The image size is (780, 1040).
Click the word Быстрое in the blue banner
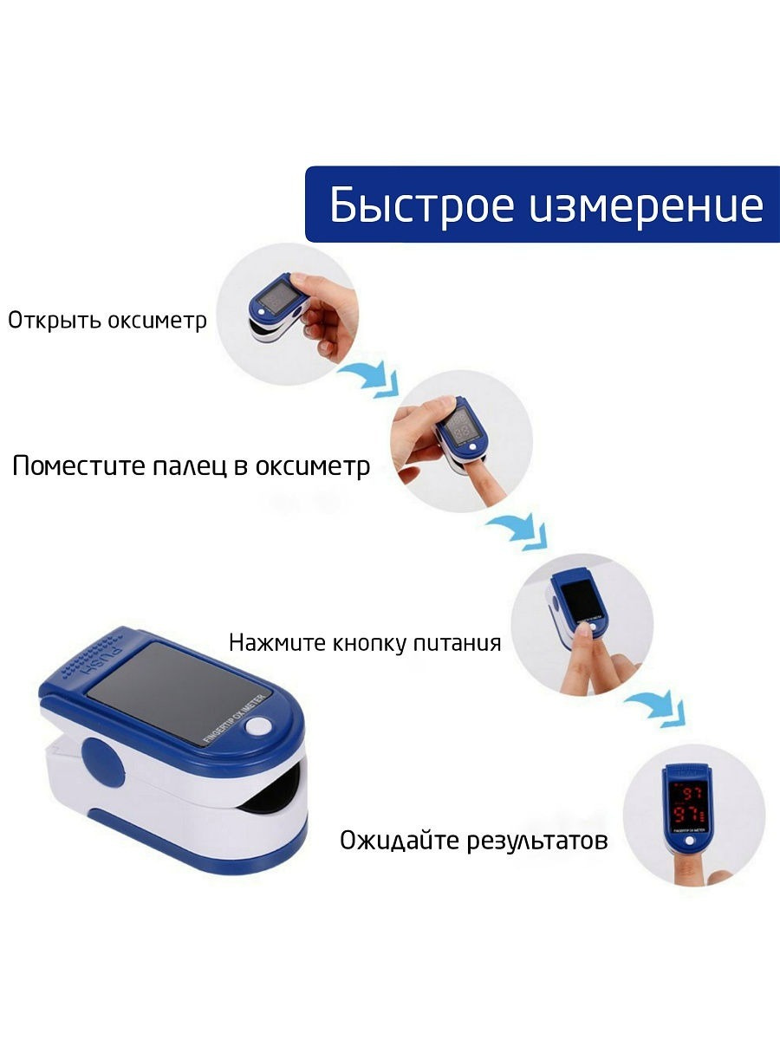click(x=421, y=205)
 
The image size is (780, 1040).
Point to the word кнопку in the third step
click(x=363, y=643)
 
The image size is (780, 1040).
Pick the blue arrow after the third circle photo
click(x=656, y=709)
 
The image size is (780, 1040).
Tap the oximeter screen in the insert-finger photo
click(x=461, y=425)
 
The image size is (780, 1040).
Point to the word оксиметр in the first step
click(x=157, y=322)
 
